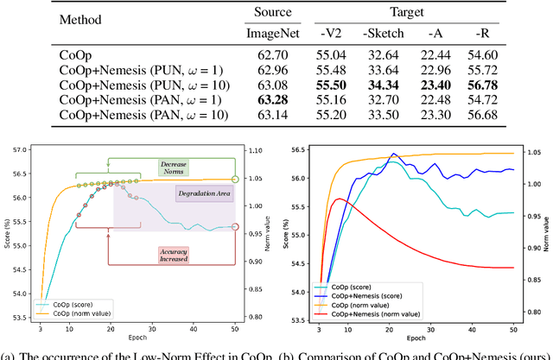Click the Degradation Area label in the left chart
pyautogui.click(x=205, y=194)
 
